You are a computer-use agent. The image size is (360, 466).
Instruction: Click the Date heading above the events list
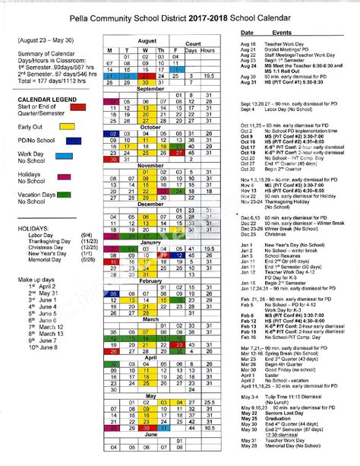coord(247,34)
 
